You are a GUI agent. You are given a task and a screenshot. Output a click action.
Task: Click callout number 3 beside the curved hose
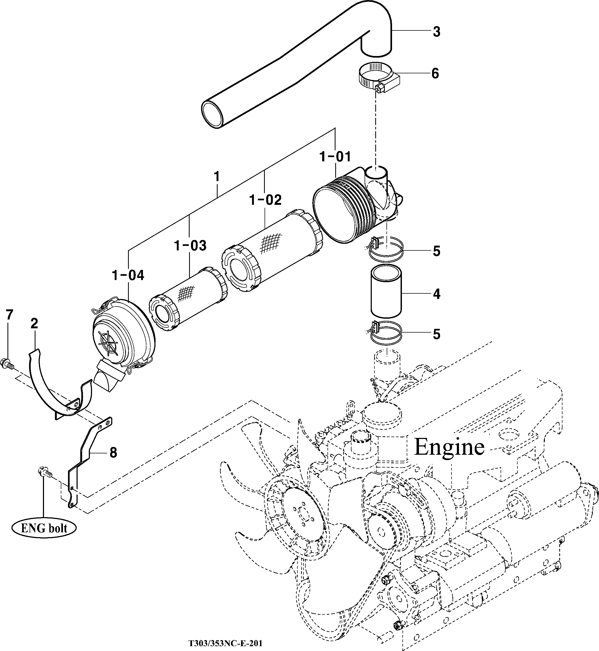[436, 32]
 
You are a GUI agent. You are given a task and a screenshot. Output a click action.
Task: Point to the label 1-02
[265, 200]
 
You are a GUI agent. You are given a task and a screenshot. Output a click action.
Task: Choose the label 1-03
[190, 246]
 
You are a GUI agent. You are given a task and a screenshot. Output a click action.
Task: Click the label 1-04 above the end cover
[128, 275]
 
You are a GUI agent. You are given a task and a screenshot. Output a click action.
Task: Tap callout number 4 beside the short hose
[436, 294]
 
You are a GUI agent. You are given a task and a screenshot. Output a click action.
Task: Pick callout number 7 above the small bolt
[9, 315]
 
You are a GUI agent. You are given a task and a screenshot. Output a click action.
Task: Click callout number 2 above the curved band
[34, 323]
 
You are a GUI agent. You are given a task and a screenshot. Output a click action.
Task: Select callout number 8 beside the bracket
[113, 453]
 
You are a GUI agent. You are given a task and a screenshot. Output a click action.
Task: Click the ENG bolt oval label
[44, 528]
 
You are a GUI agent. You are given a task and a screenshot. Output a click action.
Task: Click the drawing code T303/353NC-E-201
[225, 642]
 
